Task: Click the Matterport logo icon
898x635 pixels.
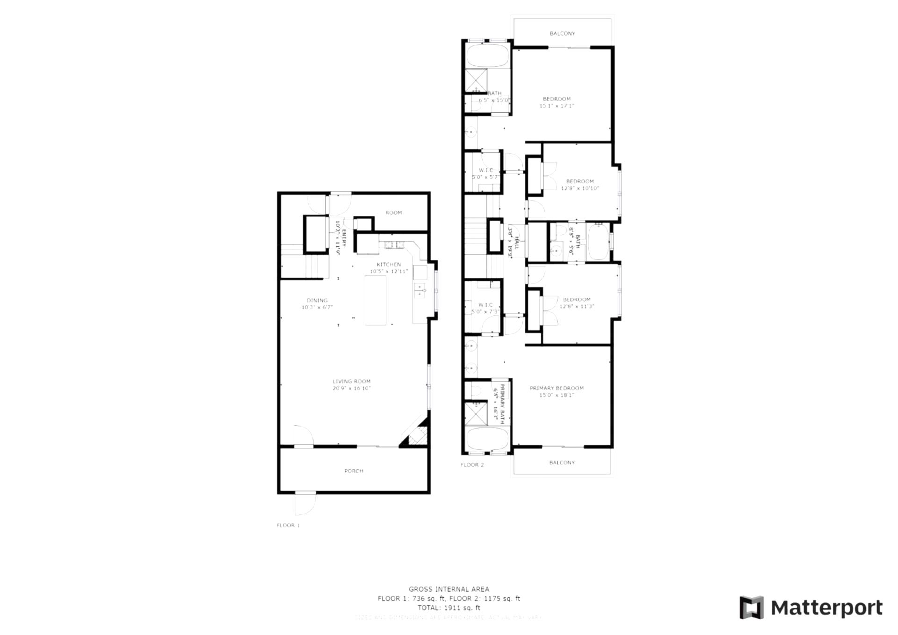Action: pyautogui.click(x=751, y=607)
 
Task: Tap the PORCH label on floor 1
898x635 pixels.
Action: pyautogui.click(x=354, y=471)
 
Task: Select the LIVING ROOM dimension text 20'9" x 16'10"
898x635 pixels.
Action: pyautogui.click(x=352, y=388)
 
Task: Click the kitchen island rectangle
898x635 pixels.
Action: pyautogui.click(x=376, y=300)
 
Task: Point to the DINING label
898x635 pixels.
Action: pyautogui.click(x=317, y=300)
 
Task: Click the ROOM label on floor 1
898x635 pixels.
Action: pyautogui.click(x=393, y=213)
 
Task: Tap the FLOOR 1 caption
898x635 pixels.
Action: pyautogui.click(x=288, y=525)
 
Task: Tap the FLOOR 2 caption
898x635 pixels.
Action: pyautogui.click(x=472, y=465)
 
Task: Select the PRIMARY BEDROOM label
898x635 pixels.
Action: pyautogui.click(x=557, y=388)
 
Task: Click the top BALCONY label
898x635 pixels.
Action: pyautogui.click(x=562, y=34)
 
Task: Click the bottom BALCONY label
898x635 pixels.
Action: pyautogui.click(x=562, y=462)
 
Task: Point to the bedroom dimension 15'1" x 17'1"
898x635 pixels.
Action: pyautogui.click(x=557, y=106)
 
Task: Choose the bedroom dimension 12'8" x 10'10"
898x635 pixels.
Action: pyautogui.click(x=580, y=188)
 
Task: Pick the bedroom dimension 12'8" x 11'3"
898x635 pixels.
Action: pyautogui.click(x=577, y=307)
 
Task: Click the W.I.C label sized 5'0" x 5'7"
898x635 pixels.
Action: pyautogui.click(x=485, y=171)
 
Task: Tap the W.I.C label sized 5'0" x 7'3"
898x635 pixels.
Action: pyautogui.click(x=485, y=305)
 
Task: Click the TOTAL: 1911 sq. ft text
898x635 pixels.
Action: pyautogui.click(x=449, y=608)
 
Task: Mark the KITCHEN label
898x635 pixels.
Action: pyautogui.click(x=389, y=265)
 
